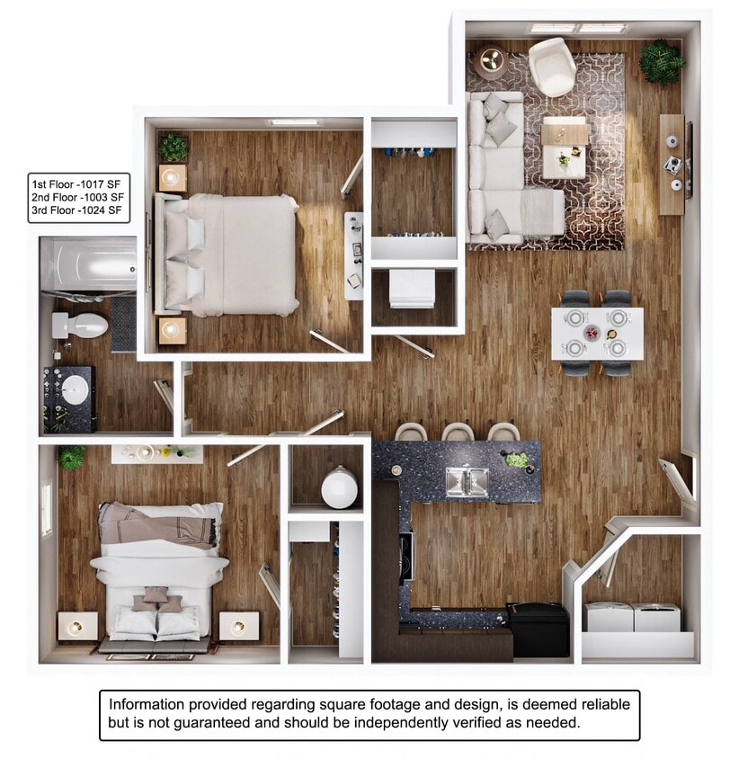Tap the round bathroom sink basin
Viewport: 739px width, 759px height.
point(78,389)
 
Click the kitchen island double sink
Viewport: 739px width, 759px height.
point(467,481)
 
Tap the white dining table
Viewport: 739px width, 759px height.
point(597,334)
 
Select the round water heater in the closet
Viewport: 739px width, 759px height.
point(340,487)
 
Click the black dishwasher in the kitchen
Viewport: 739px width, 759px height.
point(538,629)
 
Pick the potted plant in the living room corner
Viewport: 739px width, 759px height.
point(662,61)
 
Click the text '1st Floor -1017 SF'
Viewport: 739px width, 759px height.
point(76,183)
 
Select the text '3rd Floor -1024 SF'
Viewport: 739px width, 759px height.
point(76,212)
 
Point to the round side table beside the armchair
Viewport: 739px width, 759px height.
point(491,60)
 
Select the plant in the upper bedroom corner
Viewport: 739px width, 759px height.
point(173,146)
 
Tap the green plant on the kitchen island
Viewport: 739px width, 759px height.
point(517,460)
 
